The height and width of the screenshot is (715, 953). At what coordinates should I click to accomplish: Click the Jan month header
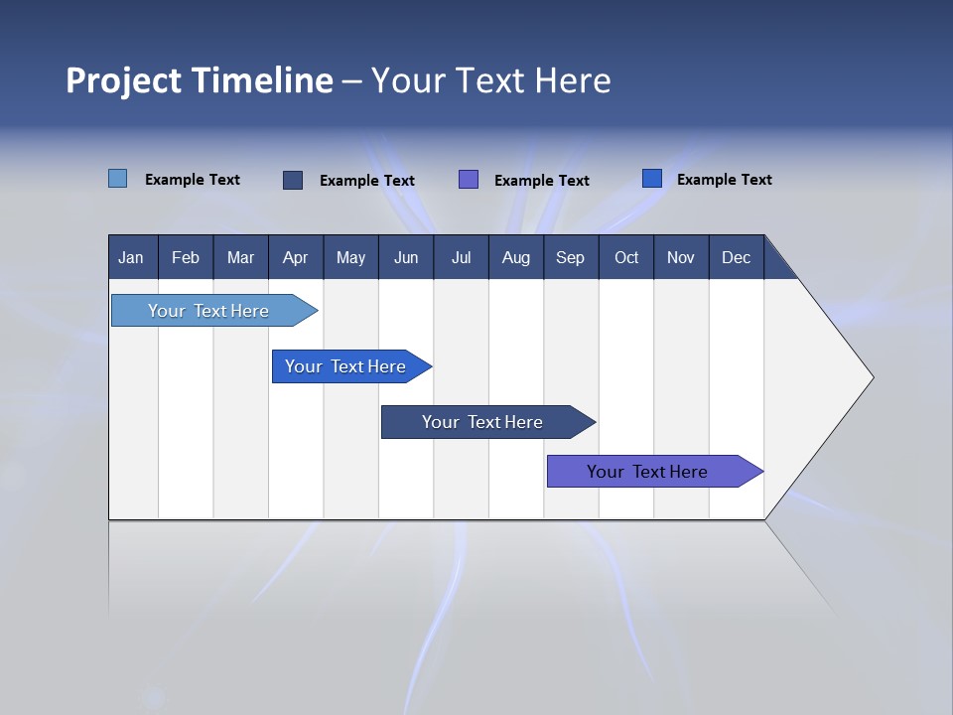pyautogui.click(x=131, y=257)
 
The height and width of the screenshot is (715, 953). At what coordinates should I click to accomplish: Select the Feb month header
pyautogui.click(x=186, y=257)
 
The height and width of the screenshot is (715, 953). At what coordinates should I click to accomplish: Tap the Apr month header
pyautogui.click(x=295, y=257)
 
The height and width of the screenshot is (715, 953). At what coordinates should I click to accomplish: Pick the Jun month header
pyautogui.click(x=406, y=257)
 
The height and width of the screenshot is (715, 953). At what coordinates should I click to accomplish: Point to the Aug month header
pyautogui.click(x=515, y=257)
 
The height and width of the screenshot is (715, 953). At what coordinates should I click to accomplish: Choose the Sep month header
pyautogui.click(x=570, y=257)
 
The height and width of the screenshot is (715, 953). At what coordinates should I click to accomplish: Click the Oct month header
pyautogui.click(x=626, y=257)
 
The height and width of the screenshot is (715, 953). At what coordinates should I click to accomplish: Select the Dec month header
pyautogui.click(x=736, y=257)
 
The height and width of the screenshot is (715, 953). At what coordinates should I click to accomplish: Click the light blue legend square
pyautogui.click(x=118, y=179)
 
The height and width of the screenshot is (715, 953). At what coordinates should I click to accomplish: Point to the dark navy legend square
pyautogui.click(x=293, y=180)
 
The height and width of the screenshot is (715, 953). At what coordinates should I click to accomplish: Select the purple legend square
pyautogui.click(x=469, y=179)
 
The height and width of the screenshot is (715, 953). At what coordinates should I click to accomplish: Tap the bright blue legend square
pyautogui.click(x=652, y=179)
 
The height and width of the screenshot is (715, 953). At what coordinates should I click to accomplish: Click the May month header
pyautogui.click(x=350, y=257)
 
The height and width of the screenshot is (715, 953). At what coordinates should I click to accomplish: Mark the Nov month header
pyautogui.click(x=681, y=257)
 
